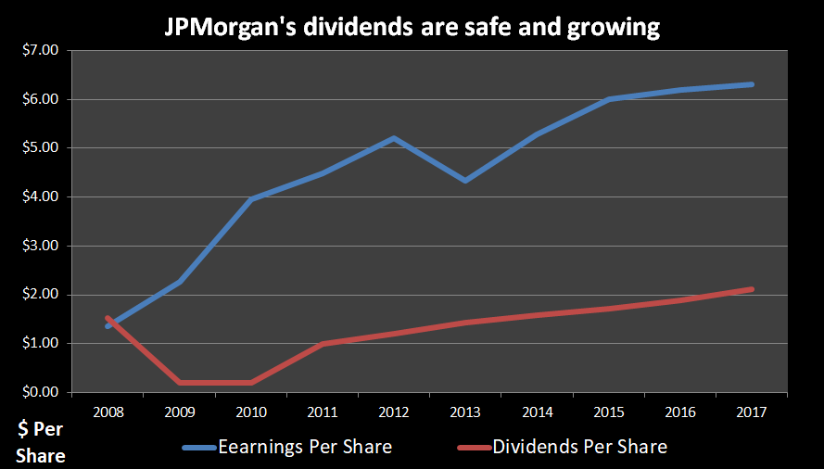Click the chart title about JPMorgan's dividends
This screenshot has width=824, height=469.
coord(412,28)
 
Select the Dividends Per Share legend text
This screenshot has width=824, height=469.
coord(579,447)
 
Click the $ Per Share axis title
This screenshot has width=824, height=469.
coord(42,442)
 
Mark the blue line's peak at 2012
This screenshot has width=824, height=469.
coord(394,138)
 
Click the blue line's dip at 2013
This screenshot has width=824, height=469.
coord(465,180)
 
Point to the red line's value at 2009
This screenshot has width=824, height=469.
coord(180,382)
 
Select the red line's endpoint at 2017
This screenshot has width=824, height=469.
coord(751,289)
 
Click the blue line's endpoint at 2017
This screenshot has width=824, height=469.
coord(751,84)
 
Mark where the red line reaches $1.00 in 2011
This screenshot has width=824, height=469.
coord(323,343)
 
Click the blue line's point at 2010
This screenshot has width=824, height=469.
coord(251,199)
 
